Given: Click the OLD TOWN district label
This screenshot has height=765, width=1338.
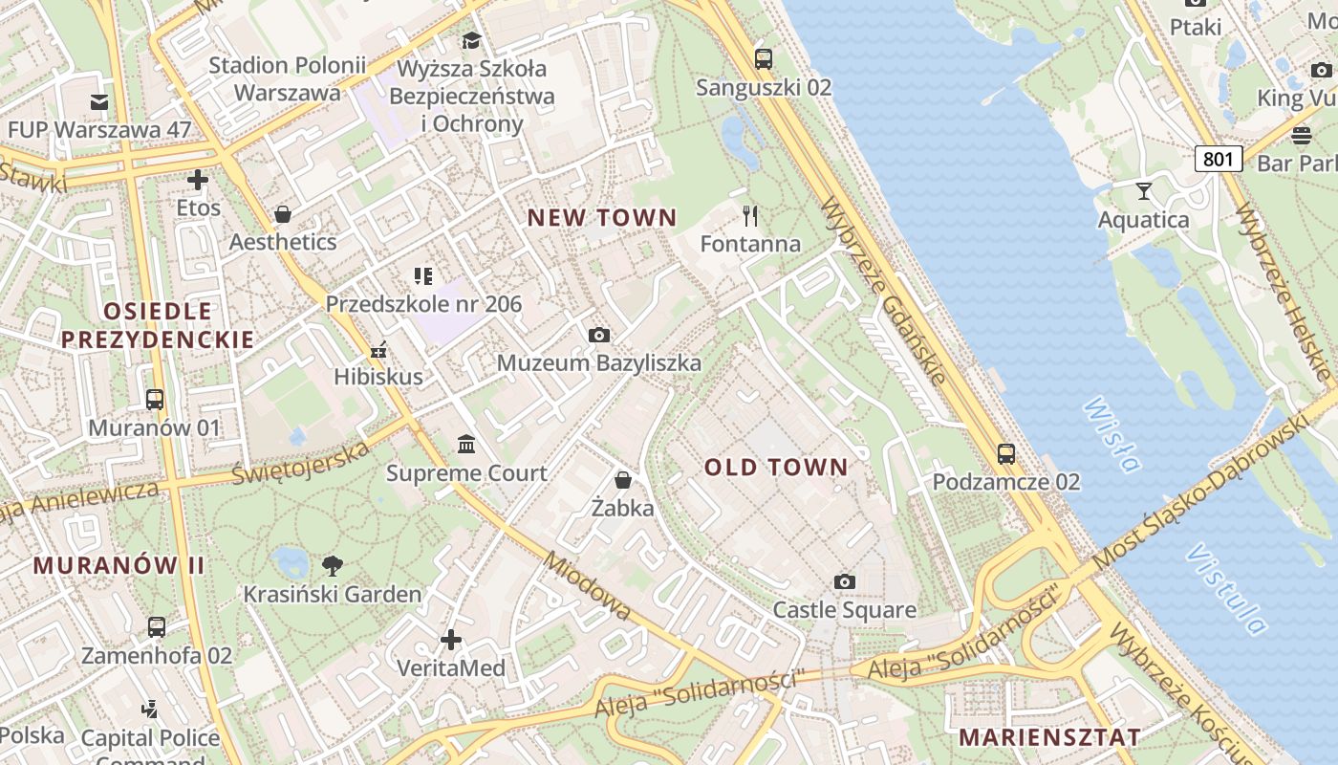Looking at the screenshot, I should tap(776, 468).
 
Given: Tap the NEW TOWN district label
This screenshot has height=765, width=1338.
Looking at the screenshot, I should tap(601, 218).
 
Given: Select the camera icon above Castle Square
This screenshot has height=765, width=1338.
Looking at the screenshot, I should tap(844, 581).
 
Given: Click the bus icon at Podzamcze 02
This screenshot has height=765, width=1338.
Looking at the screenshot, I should tap(1005, 454).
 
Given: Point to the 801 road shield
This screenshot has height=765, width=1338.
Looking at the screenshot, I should tap(1218, 158).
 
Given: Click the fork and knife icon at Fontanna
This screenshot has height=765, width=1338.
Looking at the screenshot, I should tap(750, 216).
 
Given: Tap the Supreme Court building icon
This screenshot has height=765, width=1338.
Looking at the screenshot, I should tap(466, 445).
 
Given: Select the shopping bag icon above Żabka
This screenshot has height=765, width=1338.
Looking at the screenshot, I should tap(623, 479).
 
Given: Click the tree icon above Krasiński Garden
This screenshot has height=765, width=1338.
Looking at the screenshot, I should tap(332, 565).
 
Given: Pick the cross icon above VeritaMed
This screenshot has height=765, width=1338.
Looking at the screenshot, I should tap(451, 639).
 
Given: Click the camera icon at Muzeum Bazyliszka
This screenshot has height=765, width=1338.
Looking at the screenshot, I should tap(599, 335).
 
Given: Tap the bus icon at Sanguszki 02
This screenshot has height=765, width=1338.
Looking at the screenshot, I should tap(763, 59).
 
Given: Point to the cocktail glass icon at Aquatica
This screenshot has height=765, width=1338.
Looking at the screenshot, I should tap(1143, 191).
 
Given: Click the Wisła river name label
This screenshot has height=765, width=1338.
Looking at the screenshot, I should tap(1111, 435).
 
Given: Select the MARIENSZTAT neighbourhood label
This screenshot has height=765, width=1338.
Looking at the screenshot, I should tap(1049, 737).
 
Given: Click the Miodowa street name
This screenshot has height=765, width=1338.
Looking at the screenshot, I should tap(587, 585).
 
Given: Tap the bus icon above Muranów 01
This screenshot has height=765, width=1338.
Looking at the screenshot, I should tap(155, 400).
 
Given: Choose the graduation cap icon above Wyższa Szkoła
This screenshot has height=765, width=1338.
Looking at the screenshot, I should tap(471, 40).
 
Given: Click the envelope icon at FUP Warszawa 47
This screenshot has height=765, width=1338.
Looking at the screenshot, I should tap(99, 102).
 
